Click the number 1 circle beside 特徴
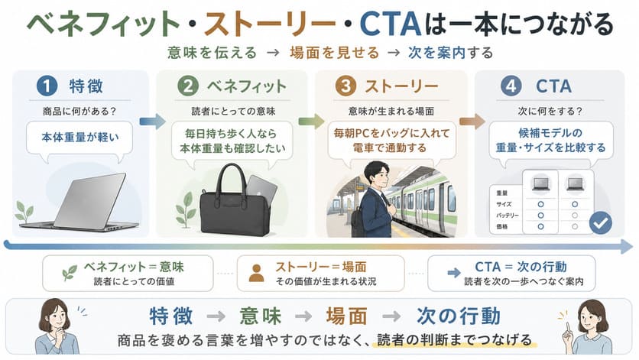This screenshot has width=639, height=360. [47, 86]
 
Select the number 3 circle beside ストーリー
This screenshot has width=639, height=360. [345, 86]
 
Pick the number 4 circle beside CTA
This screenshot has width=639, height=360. [511, 86]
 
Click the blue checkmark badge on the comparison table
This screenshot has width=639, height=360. [601, 222]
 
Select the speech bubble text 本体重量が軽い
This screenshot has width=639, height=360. [80, 138]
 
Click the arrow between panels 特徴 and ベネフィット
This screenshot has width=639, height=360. [153, 121]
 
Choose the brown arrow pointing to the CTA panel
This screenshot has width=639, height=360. [472, 121]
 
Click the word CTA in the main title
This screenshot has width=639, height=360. [391, 24]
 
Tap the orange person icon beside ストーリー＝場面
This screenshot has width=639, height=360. [256, 274]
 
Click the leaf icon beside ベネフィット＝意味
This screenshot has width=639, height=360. [70, 272]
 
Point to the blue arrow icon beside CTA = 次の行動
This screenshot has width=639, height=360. [453, 273]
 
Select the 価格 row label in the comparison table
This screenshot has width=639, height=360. [502, 227]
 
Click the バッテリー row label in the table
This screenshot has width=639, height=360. [508, 216]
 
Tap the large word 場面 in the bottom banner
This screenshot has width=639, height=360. [347, 316]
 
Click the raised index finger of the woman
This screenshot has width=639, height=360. [567, 326]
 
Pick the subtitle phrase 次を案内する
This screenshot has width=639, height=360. [450, 53]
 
